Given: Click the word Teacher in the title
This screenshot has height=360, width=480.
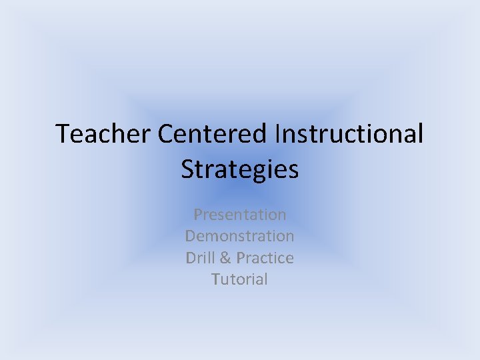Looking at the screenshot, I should pos(104,134).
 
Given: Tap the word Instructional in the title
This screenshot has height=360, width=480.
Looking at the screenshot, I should pos(349,134).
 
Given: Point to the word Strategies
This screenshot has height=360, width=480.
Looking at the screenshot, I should pos(240,169).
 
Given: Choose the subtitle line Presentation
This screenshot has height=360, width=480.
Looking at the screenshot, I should pos(240,215).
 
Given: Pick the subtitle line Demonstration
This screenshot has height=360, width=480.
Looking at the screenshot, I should pos(240,236).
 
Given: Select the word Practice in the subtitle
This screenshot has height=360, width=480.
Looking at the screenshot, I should pos(265,257).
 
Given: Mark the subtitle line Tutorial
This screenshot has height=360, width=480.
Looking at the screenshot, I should pos(240,279).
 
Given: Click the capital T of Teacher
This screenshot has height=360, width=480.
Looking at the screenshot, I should pos(63,134).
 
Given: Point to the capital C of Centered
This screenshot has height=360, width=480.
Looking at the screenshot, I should pos(165,134).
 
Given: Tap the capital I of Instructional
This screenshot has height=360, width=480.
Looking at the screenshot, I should pos(277,134).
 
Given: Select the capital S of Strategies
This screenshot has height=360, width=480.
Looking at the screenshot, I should pos(188,169).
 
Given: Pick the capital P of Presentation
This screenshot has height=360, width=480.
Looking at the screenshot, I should pos(198,215).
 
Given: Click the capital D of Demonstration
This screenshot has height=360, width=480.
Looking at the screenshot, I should pos(191,236).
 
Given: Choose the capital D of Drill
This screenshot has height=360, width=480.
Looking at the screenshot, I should pos(191,257).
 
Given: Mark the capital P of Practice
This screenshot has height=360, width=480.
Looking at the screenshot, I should pos(241,257).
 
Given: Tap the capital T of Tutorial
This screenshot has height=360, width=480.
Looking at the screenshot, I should pos(216,279).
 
